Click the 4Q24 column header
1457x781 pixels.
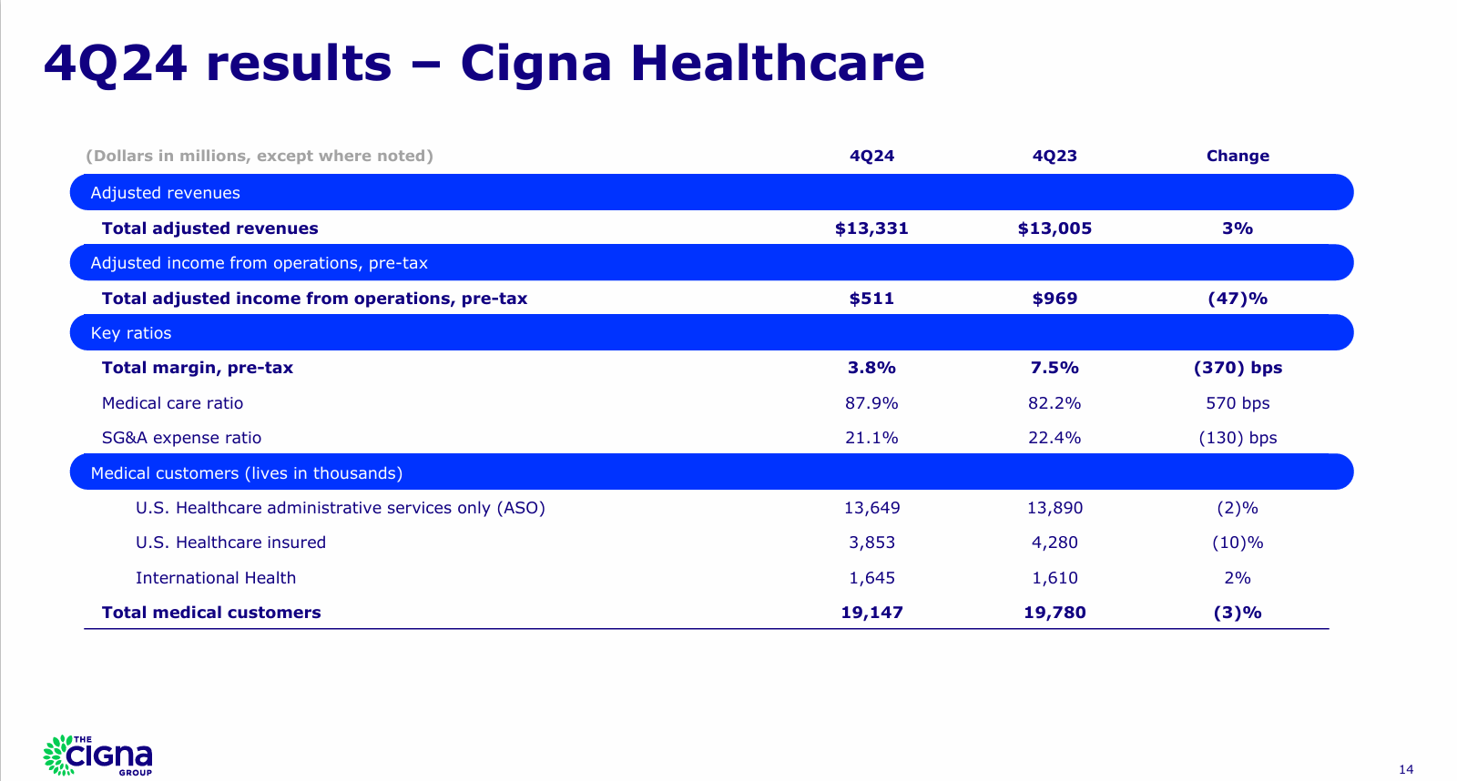(871, 156)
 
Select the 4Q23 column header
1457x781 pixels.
(1055, 156)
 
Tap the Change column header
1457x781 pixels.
(1238, 156)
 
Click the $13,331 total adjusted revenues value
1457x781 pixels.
(871, 228)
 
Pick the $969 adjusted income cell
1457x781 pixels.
(1055, 299)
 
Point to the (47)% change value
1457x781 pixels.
(1238, 299)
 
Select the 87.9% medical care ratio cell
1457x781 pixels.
(871, 403)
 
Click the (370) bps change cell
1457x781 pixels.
(1238, 368)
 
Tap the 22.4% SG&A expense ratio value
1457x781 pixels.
(1055, 438)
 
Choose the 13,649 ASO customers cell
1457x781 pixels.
(871, 508)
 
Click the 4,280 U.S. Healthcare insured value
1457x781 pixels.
(1055, 543)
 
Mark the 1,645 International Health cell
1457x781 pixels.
(871, 578)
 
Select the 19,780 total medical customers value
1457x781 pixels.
(1055, 613)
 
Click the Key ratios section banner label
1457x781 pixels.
(131, 333)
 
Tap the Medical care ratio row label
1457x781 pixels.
(172, 403)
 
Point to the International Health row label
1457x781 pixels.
(216, 578)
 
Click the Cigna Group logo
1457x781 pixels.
(98, 755)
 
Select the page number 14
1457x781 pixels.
(1406, 769)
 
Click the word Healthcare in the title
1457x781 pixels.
(777, 64)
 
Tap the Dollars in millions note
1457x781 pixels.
(260, 156)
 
